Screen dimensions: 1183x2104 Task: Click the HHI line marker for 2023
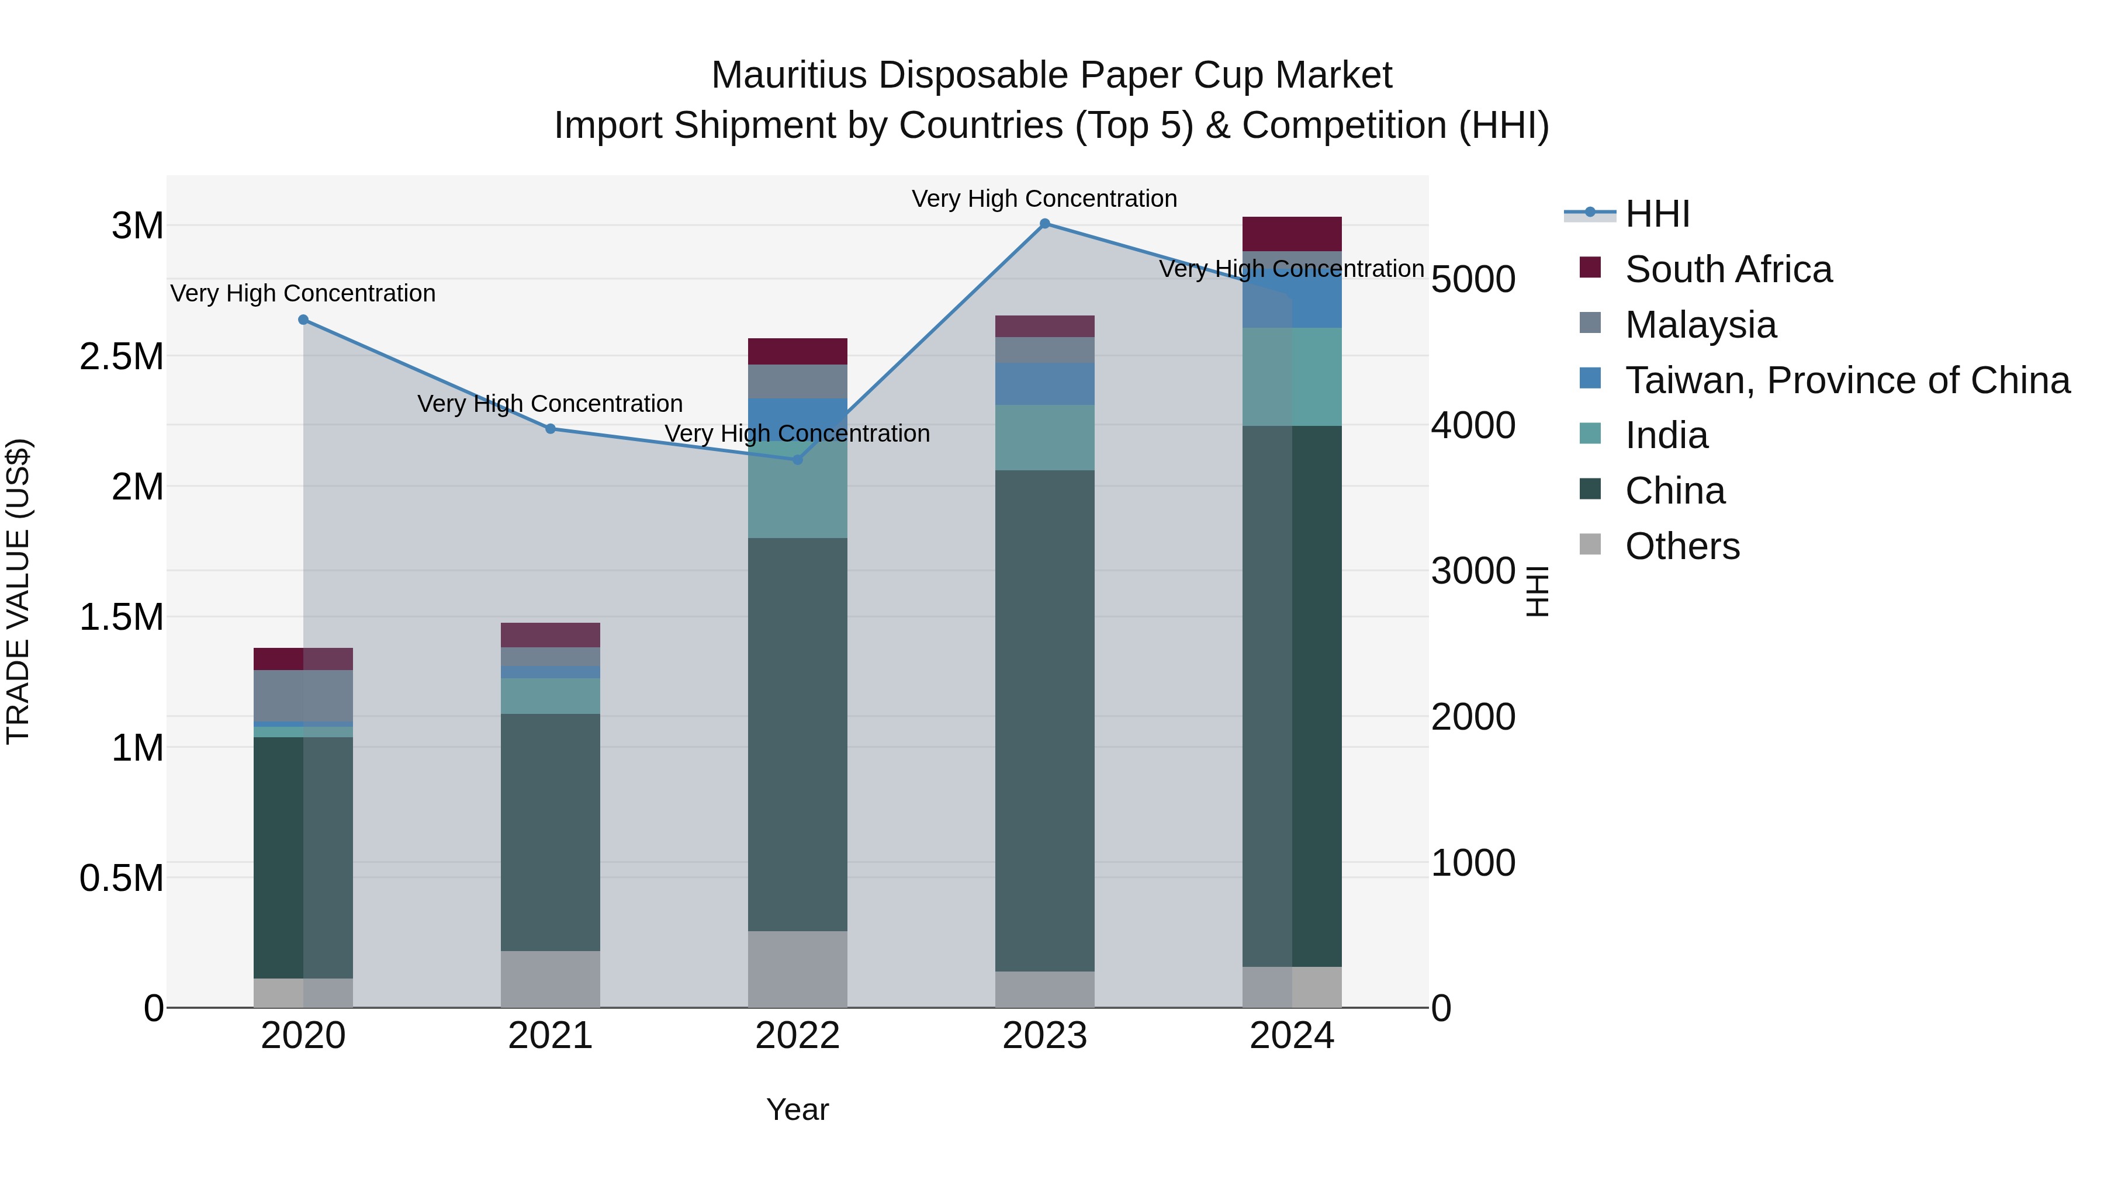click(1044, 224)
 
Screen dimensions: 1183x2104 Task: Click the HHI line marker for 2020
click(303, 320)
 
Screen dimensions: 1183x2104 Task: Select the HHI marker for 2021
click(551, 429)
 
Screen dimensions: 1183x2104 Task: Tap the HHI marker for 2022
click(798, 460)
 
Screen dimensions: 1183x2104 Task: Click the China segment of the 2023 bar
click(1044, 720)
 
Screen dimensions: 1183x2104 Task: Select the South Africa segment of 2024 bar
click(1291, 234)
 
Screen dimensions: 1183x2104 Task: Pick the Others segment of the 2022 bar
click(797, 969)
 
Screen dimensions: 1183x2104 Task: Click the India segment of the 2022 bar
click(797, 490)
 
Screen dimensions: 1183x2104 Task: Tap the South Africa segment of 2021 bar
click(550, 635)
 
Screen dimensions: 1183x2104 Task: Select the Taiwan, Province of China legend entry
click(1847, 380)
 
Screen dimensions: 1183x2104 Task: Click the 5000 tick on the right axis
click(1473, 279)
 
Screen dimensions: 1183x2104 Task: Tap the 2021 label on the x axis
click(550, 1036)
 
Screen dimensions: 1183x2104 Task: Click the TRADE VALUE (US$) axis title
click(18, 591)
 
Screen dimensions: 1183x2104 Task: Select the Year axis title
click(797, 1109)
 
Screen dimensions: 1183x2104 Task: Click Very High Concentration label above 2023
click(1044, 199)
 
